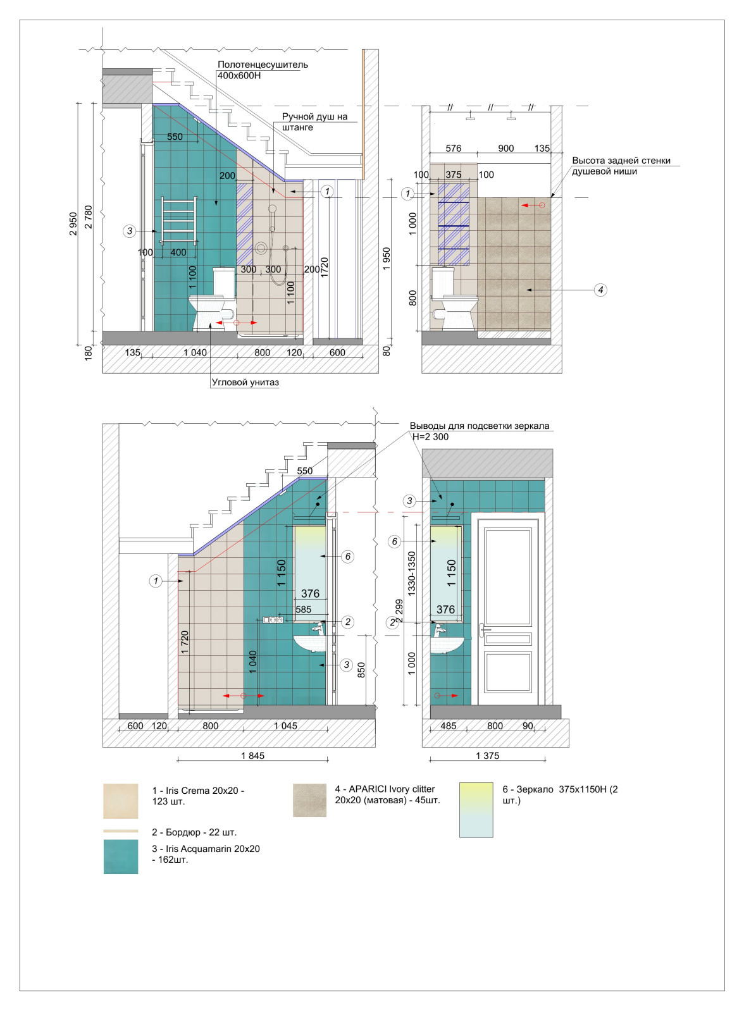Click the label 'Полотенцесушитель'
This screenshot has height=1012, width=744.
pyautogui.click(x=263, y=65)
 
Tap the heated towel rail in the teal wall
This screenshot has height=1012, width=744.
pyautogui.click(x=180, y=220)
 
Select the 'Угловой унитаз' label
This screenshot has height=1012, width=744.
pyautogui.click(x=245, y=382)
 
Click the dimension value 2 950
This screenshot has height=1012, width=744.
pyautogui.click(x=73, y=224)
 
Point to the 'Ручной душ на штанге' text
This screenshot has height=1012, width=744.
pyautogui.click(x=314, y=121)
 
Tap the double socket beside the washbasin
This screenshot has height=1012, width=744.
pyautogui.click(x=273, y=620)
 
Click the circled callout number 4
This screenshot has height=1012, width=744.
pyautogui.click(x=600, y=290)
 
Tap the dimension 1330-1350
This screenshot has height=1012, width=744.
pyautogui.click(x=411, y=574)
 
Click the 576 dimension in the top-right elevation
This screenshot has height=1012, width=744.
pyautogui.click(x=454, y=148)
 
